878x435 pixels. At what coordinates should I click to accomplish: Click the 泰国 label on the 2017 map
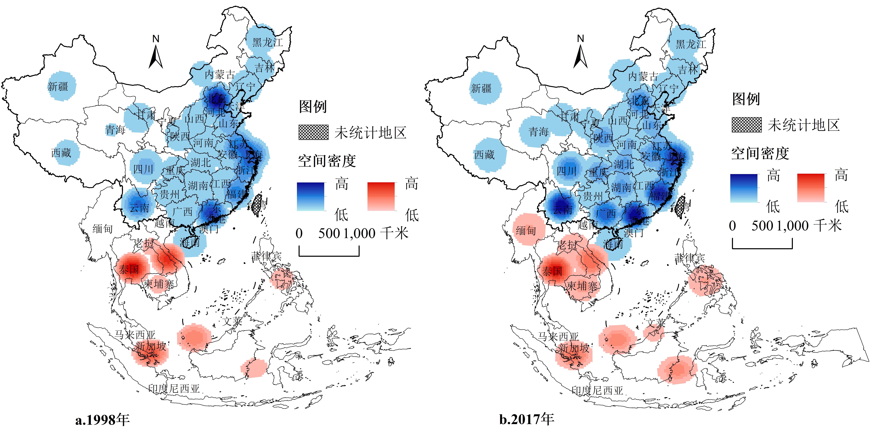tap(552, 271)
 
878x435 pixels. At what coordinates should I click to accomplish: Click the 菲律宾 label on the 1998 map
tap(266, 256)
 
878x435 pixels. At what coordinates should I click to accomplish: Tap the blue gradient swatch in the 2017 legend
tap(744, 188)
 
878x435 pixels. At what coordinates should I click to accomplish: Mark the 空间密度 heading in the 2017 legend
tap(760, 153)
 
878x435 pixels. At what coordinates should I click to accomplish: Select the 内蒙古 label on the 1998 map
tap(220, 74)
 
